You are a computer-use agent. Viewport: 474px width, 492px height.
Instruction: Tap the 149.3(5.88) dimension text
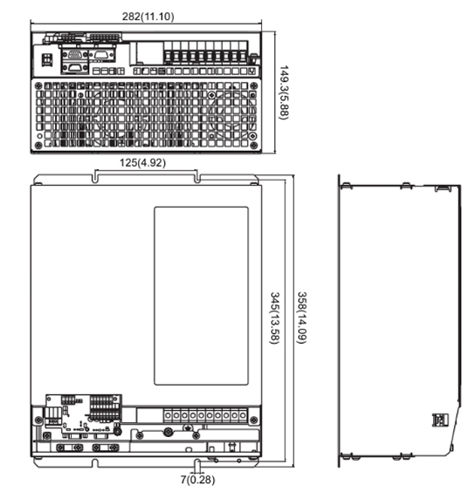284,94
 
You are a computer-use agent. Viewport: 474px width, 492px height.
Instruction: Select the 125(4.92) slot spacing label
143,163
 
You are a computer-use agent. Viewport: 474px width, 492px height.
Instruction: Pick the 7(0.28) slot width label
197,479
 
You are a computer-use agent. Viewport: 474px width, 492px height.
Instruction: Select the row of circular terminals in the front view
203,415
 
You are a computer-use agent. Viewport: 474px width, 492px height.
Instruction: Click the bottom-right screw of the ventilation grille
254,143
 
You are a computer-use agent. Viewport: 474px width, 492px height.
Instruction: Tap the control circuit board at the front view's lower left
83,415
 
